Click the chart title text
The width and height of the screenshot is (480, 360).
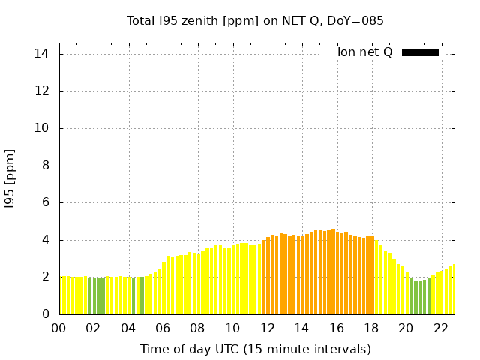tap(255, 21)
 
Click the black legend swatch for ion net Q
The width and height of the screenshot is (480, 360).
tap(420, 52)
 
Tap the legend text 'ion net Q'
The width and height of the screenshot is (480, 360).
tap(365, 52)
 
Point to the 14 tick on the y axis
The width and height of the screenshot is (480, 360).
tap(42, 54)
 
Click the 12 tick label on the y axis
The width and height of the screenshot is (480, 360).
tap(42, 91)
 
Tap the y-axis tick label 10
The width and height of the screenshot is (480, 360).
tap(42, 128)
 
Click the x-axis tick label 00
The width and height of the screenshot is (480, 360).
tap(59, 328)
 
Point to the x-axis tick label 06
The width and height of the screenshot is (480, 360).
tap(163, 328)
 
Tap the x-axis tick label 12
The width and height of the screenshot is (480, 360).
tap(268, 328)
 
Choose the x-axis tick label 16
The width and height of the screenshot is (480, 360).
tap(337, 328)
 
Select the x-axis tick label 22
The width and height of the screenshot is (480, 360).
tap(441, 328)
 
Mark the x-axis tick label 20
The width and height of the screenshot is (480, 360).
tap(406, 328)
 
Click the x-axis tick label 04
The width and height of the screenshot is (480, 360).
tap(129, 328)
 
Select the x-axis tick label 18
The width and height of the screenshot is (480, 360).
tap(372, 328)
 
